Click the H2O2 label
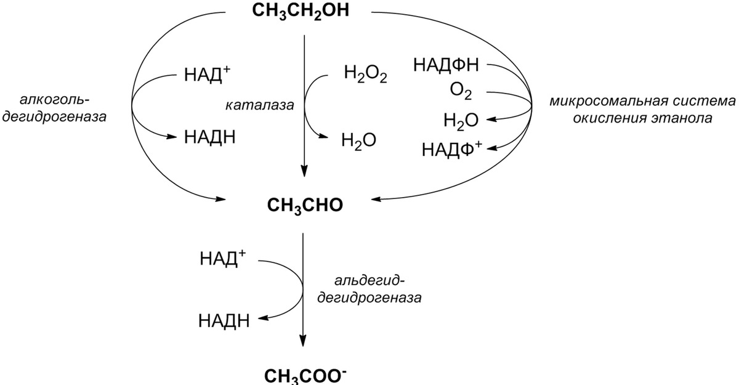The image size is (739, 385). click(x=365, y=76)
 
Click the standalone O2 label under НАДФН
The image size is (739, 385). click(x=461, y=93)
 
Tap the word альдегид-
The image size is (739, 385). click(x=369, y=282)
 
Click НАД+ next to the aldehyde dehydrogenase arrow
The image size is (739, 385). click(x=222, y=258)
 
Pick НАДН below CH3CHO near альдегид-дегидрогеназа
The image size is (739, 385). click(x=224, y=320)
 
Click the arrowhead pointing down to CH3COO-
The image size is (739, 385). click(x=303, y=342)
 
